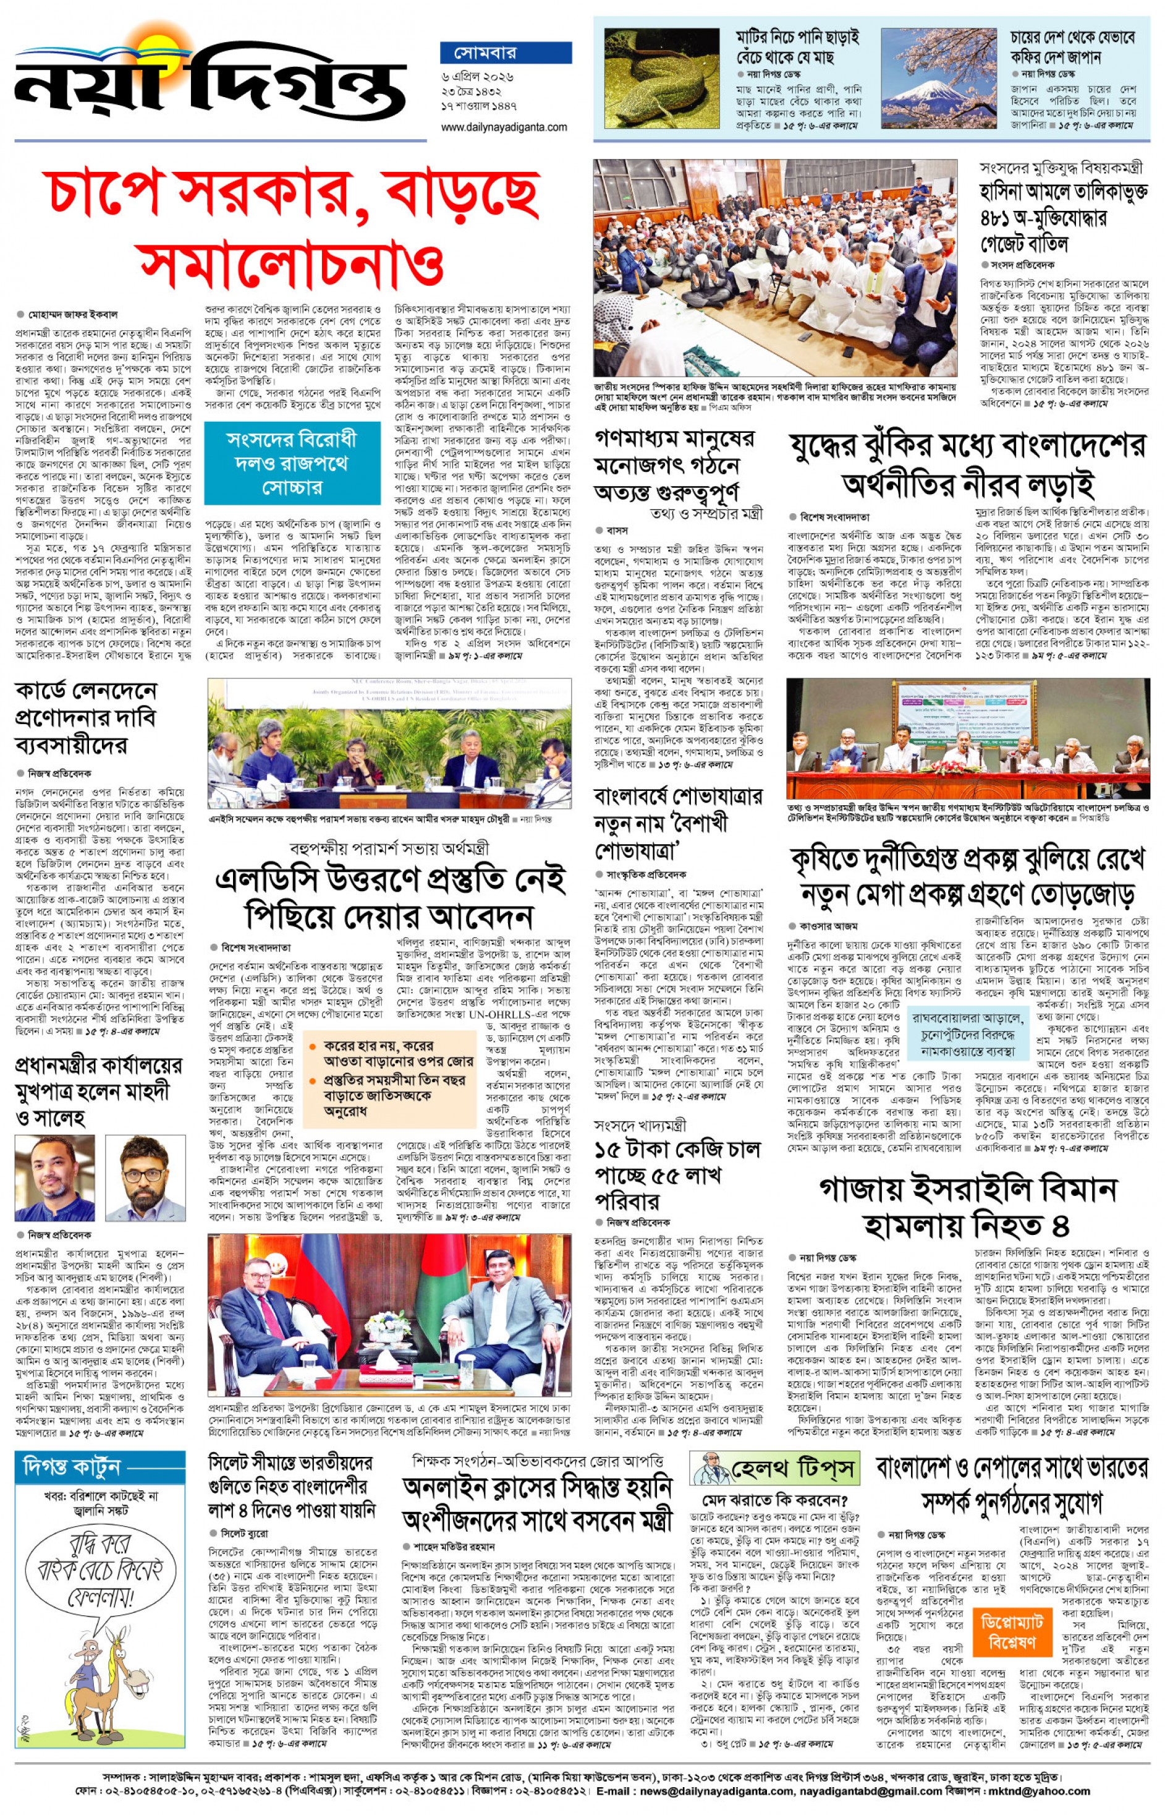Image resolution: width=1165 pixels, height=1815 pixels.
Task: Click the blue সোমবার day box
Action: click(506, 53)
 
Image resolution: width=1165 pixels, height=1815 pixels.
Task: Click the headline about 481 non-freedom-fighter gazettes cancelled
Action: click(1062, 216)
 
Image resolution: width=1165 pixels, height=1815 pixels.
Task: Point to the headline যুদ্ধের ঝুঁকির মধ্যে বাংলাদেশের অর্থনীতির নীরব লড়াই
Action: click(967, 464)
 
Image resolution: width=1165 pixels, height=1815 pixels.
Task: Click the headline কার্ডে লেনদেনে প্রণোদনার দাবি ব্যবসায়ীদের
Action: click(87, 717)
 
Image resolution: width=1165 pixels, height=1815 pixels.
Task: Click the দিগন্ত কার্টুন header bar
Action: click(99, 1467)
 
